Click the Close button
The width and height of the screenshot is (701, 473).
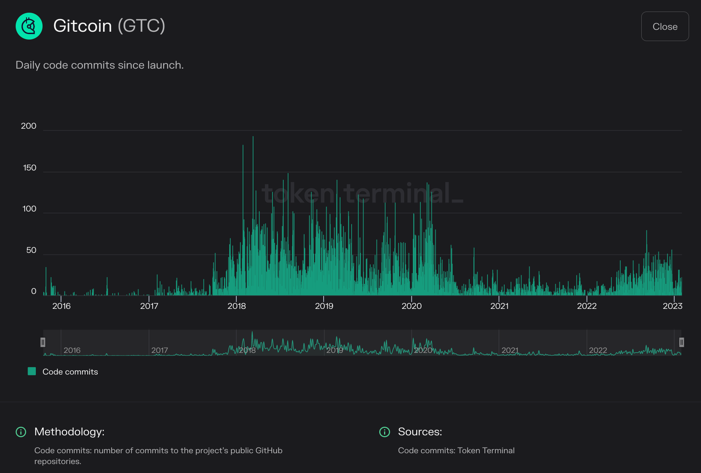665,26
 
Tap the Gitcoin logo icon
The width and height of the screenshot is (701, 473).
29,26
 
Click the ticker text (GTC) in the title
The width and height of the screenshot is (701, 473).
141,26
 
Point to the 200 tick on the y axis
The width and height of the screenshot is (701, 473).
29,126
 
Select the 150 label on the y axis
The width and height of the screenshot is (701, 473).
29,168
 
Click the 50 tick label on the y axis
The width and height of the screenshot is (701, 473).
31,250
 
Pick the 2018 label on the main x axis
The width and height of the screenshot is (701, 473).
237,306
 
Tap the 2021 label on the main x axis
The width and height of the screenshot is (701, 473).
499,306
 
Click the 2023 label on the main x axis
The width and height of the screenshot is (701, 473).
672,306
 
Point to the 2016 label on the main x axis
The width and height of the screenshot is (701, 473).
61,306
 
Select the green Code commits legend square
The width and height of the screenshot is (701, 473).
32,371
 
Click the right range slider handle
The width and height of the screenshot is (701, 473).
681,342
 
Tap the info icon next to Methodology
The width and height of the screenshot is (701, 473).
21,432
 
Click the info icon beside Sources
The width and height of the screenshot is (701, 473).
384,432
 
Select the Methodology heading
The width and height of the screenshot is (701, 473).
69,432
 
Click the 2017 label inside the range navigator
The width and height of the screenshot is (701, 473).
159,350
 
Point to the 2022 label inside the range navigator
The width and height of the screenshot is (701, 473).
598,350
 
